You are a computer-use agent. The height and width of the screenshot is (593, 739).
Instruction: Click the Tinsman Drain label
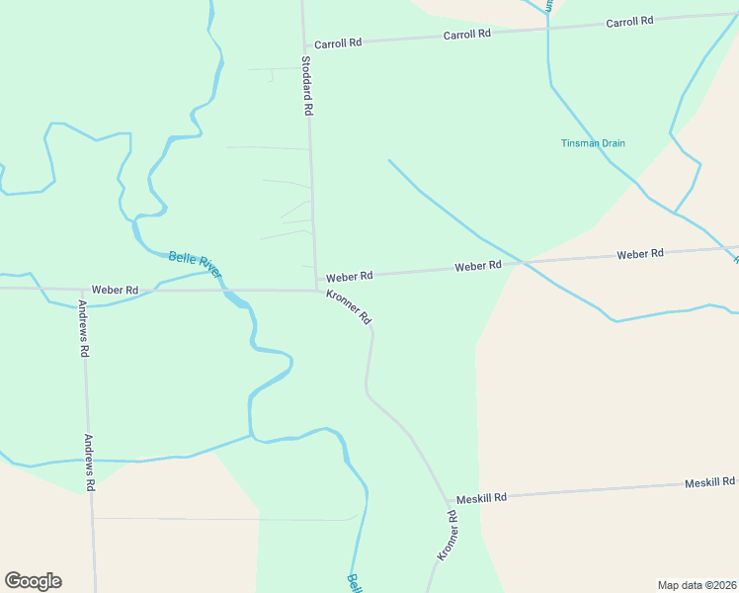(593, 143)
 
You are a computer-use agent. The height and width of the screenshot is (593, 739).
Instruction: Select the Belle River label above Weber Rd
(195, 262)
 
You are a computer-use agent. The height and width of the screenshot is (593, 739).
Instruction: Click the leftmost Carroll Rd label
(338, 43)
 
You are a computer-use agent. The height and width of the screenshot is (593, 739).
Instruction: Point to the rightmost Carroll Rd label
(630, 22)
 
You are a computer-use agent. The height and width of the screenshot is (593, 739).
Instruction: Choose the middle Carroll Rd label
(467, 35)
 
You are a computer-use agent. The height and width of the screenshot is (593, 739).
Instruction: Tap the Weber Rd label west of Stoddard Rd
(116, 290)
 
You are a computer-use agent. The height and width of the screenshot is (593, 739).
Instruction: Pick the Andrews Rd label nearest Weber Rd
(84, 328)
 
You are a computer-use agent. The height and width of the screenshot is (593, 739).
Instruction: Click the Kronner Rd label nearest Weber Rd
(351, 306)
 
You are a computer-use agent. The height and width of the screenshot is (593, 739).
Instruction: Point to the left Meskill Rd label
(481, 498)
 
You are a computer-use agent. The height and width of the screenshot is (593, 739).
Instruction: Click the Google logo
(33, 581)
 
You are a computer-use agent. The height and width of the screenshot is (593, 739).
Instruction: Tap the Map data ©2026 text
(697, 585)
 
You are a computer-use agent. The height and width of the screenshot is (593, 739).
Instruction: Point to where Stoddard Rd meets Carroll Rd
(303, 45)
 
